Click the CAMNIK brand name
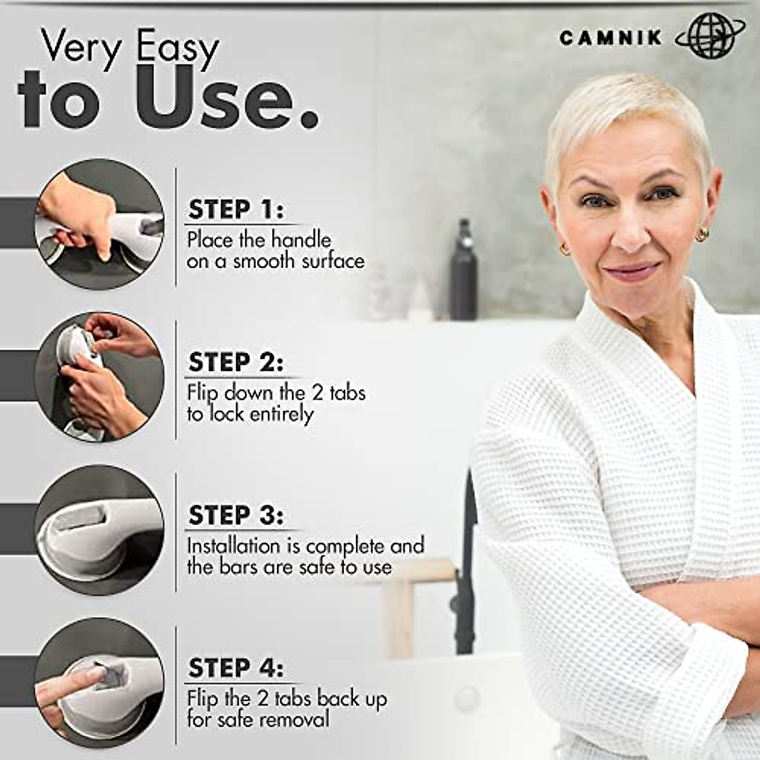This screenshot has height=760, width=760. [x=610, y=38]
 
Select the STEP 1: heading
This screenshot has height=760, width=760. [x=236, y=210]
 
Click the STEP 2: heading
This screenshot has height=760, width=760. [x=236, y=363]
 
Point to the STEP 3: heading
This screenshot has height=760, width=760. [x=236, y=516]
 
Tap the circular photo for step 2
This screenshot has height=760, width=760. [x=99, y=376]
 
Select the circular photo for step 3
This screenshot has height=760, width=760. [x=99, y=529]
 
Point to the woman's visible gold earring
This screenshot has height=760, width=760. [x=701, y=236]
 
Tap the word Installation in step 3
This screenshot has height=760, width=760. [x=233, y=545]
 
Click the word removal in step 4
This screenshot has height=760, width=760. [x=294, y=719]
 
